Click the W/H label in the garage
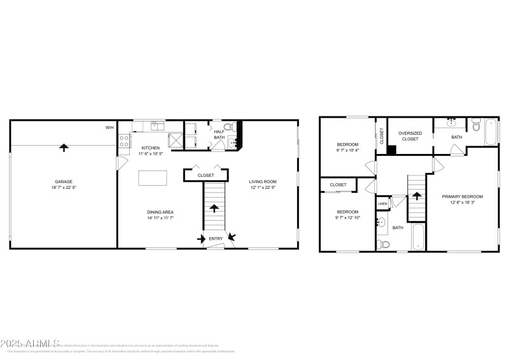pyautogui.click(x=109, y=128)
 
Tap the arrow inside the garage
pyautogui.click(x=63, y=148)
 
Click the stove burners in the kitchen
pyautogui.click(x=124, y=142)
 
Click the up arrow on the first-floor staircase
pyautogui.click(x=214, y=208)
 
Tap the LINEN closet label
pyautogui.click(x=382, y=204)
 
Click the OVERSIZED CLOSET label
pyautogui.click(x=410, y=135)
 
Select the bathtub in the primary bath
pyautogui.click(x=491, y=132)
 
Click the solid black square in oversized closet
pyautogui.click(x=392, y=150)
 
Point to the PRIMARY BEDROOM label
pyautogui.click(x=463, y=197)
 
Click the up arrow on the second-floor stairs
pyautogui.click(x=416, y=197)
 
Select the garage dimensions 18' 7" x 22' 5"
pyautogui.click(x=63, y=188)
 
